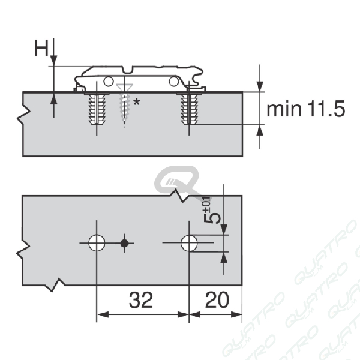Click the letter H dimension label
[x=41, y=48]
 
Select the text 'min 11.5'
[x=305, y=109]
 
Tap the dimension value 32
[x=141, y=300]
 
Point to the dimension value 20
[x=217, y=300]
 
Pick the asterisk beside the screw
[x=137, y=102]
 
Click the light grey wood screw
[x=124, y=103]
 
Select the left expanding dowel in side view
[x=97, y=109]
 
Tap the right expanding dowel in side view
[x=189, y=109]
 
